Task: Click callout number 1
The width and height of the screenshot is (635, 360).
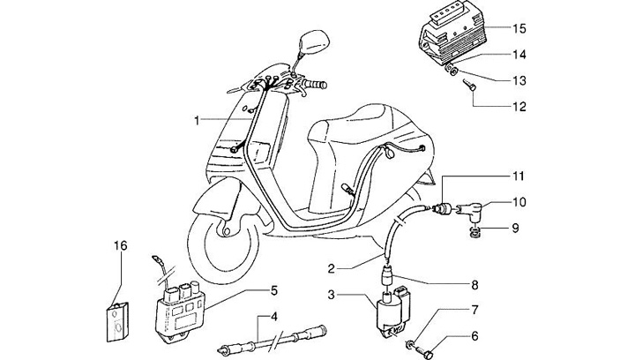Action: click(198, 118)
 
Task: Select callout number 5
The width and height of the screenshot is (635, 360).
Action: click(274, 289)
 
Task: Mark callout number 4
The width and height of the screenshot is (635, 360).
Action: click(274, 317)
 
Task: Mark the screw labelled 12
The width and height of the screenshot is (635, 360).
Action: click(468, 88)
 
